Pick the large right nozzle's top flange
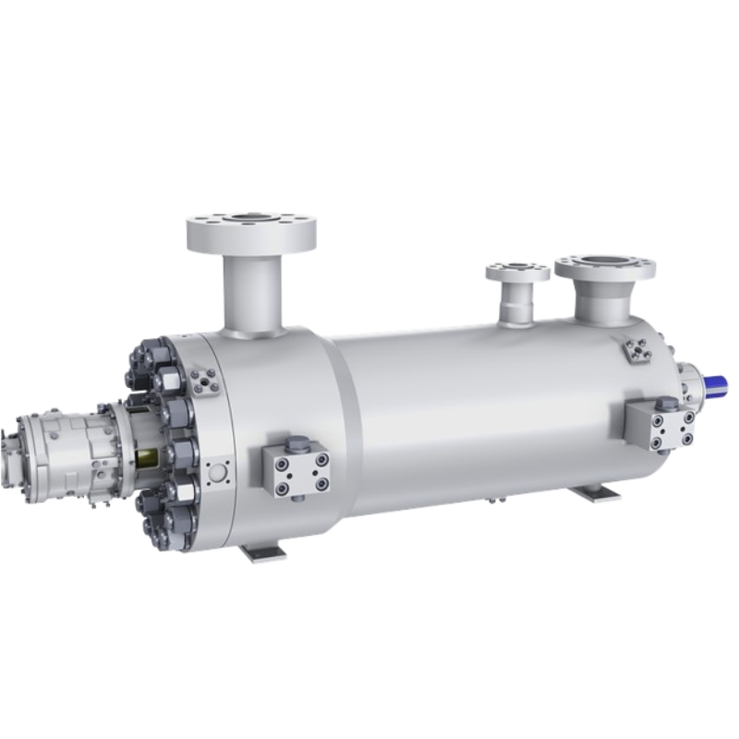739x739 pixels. coord(605,268)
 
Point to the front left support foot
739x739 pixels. coord(264,551)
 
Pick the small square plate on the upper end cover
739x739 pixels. coord(203,380)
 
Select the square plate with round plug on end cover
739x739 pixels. coord(218,471)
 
